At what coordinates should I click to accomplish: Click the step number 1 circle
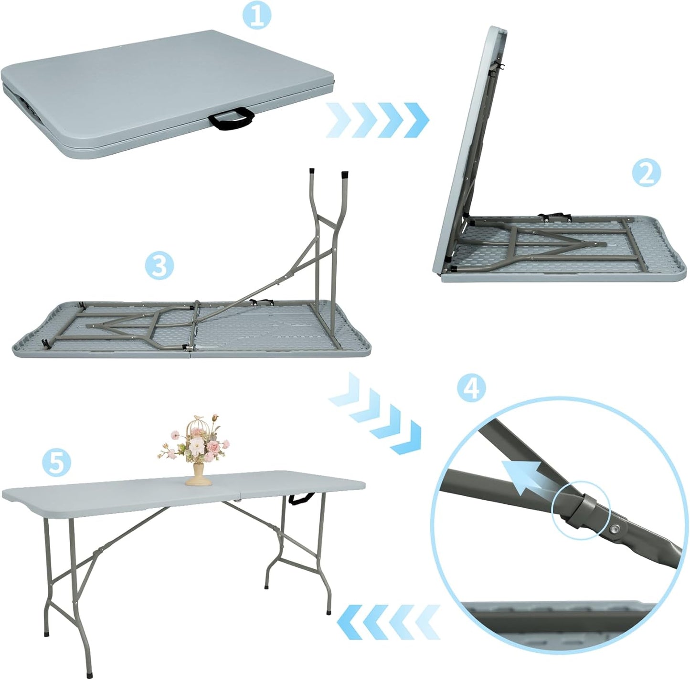(x=256, y=16)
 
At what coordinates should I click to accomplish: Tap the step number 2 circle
(x=646, y=173)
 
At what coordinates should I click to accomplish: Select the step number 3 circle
(x=159, y=266)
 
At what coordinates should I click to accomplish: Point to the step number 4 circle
(x=471, y=388)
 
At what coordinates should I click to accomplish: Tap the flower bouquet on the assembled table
(x=195, y=440)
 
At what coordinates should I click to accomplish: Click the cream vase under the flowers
(x=199, y=475)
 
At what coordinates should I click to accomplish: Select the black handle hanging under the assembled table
(x=301, y=498)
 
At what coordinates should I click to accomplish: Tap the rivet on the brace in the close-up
(x=616, y=528)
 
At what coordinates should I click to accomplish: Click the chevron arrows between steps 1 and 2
(x=377, y=120)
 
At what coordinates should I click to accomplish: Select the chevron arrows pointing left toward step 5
(x=388, y=622)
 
